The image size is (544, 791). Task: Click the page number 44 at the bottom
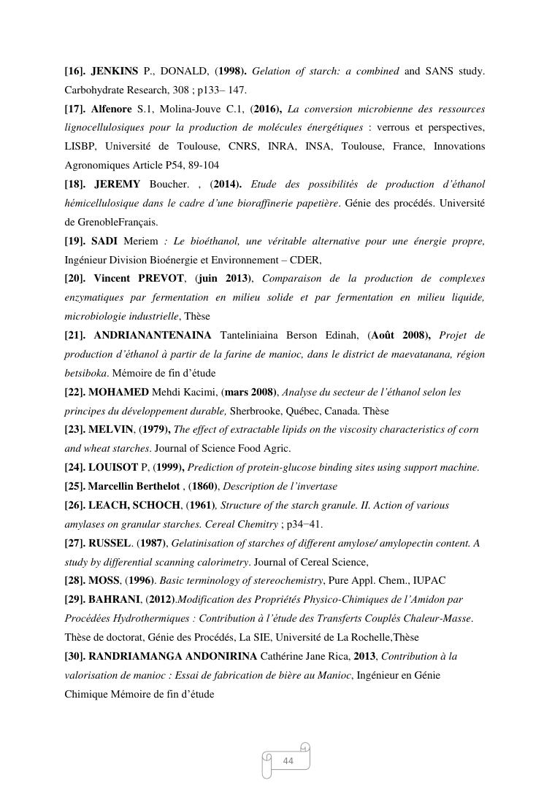[288, 761]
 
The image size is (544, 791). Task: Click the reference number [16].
[75, 71]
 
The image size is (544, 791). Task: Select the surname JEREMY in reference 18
[117, 184]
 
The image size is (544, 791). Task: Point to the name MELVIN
[112, 430]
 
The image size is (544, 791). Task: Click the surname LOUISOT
[113, 467]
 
